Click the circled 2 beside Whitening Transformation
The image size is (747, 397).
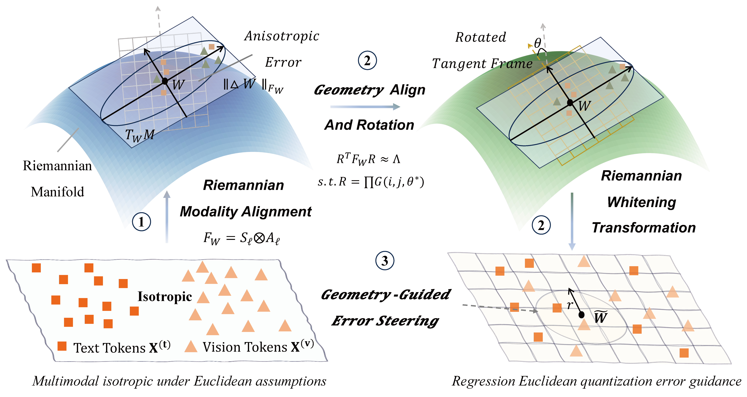pos(541,225)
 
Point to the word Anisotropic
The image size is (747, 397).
pos(282,36)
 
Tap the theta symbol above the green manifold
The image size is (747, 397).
pos(538,43)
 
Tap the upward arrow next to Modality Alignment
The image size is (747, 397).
pos(167,217)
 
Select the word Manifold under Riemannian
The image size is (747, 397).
pos(57,192)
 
